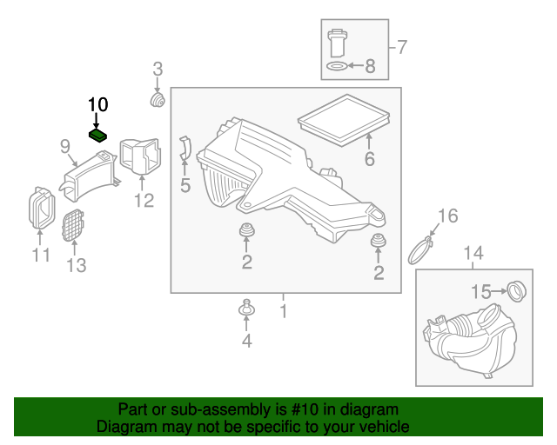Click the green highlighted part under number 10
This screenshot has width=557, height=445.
(98, 135)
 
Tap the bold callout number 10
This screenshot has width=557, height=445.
(97, 105)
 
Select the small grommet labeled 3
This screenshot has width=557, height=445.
(158, 101)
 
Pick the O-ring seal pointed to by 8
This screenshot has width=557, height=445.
(336, 65)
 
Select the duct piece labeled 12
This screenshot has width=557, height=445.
(140, 156)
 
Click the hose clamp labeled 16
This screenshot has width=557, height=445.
(421, 250)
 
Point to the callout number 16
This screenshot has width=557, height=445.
(446, 216)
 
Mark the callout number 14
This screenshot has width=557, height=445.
(472, 253)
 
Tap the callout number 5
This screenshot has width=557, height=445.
(185, 184)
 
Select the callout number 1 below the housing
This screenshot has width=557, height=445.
(283, 309)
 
